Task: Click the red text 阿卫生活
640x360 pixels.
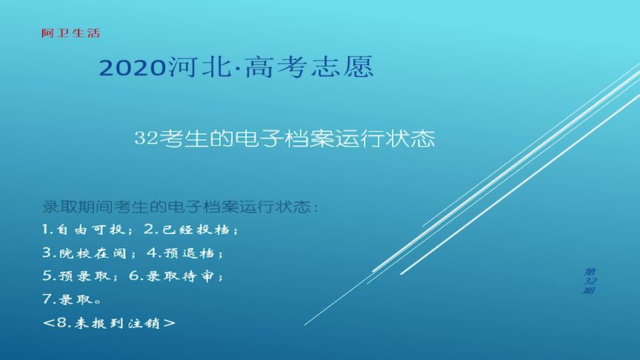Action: pyautogui.click(x=70, y=33)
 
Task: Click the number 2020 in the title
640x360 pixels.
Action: pyautogui.click(x=132, y=69)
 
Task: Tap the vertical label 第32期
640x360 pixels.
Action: pyautogui.click(x=590, y=281)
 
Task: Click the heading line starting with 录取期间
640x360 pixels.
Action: pyautogui.click(x=181, y=207)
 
